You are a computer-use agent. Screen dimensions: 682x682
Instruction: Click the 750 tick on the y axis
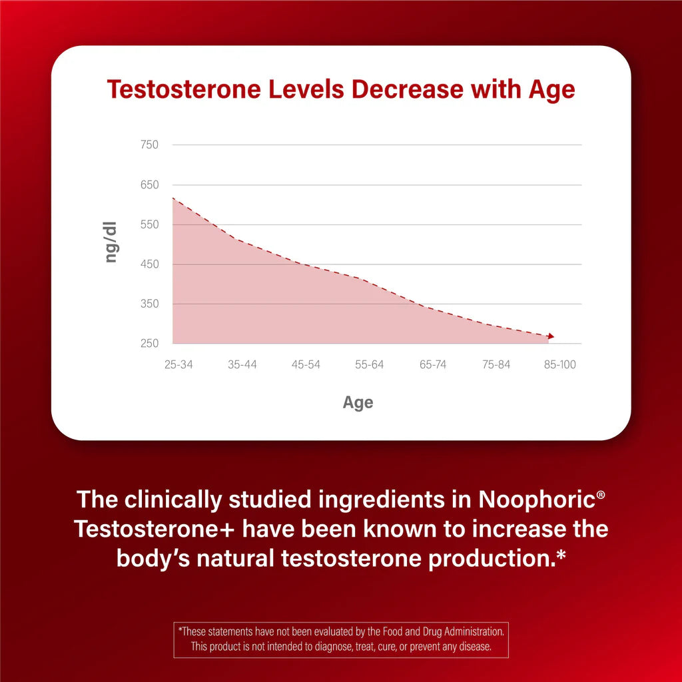coord(151,145)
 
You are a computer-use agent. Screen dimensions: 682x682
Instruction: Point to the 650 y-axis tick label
coord(151,184)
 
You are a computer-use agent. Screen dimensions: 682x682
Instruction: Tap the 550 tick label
coord(151,224)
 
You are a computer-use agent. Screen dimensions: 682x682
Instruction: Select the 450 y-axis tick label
coord(151,264)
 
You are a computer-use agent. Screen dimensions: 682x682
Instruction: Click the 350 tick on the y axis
coord(151,304)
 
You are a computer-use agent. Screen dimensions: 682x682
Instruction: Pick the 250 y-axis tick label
coord(151,344)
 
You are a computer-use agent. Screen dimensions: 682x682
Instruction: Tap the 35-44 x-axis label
coord(242,364)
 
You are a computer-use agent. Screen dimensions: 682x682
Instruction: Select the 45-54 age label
coord(306,364)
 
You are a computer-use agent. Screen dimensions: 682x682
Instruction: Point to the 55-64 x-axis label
coord(369,364)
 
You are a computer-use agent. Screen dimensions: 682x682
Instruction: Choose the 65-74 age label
coord(433,364)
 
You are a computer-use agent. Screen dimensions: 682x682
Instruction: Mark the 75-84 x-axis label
coord(496,364)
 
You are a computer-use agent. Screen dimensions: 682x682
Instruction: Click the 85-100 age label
coord(559,364)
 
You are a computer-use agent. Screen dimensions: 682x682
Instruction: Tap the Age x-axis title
coord(358,402)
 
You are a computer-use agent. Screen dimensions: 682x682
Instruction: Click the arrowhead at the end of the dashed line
coord(550,336)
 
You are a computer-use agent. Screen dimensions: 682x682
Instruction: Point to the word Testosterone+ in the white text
coord(155,529)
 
